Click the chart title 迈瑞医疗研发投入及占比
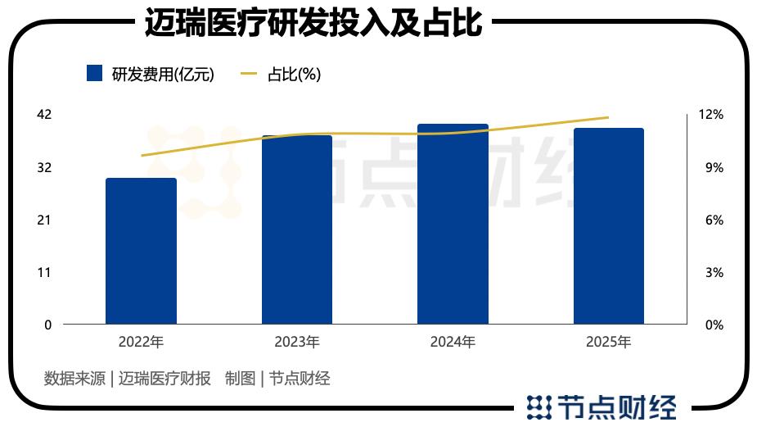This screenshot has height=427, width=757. point(313,24)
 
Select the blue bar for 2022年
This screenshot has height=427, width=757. point(141,251)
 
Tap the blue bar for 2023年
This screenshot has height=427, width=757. point(297,229)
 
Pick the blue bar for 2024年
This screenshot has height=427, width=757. point(453,224)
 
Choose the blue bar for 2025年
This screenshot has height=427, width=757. point(608,226)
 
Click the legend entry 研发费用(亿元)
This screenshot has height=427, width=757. point(150,74)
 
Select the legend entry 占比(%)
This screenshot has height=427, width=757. point(280,74)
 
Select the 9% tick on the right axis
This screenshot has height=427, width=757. point(714,167)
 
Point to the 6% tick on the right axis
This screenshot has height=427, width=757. point(714,220)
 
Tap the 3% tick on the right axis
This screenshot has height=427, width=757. point(714,272)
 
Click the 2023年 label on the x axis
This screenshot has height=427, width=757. point(297,342)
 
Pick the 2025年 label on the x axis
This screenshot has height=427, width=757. point(608,342)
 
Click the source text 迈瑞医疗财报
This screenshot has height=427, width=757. point(164,378)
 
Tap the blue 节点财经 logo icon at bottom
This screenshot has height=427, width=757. point(538,407)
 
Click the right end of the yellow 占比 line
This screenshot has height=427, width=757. point(608,117)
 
